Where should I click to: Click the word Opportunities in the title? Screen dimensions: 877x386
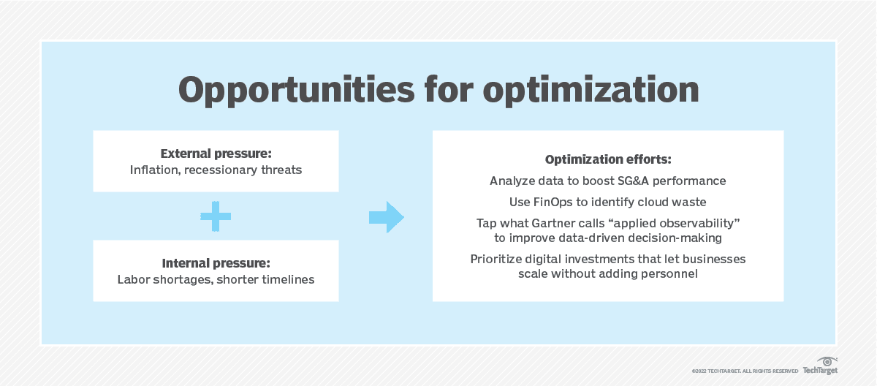pos(296,91)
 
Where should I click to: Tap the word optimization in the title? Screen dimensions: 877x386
pos(591,91)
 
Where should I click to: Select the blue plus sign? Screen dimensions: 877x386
pos(216,216)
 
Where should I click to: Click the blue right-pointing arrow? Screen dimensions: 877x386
pos(387,217)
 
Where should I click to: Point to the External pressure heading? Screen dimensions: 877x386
pos(216,154)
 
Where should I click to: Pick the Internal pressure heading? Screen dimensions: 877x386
pos(216,263)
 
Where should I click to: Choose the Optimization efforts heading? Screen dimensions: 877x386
pos(608,159)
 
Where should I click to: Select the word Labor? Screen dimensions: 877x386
pos(134,279)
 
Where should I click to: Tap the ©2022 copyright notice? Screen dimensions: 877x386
pos(745,371)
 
